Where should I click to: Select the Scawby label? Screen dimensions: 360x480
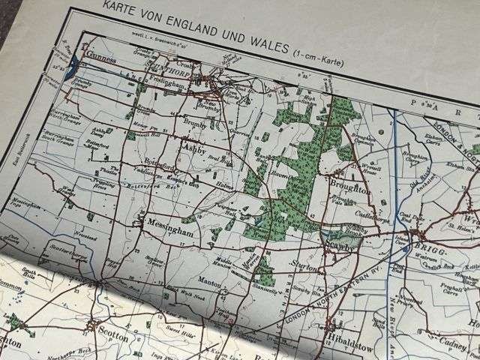(x=335, y=244)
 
